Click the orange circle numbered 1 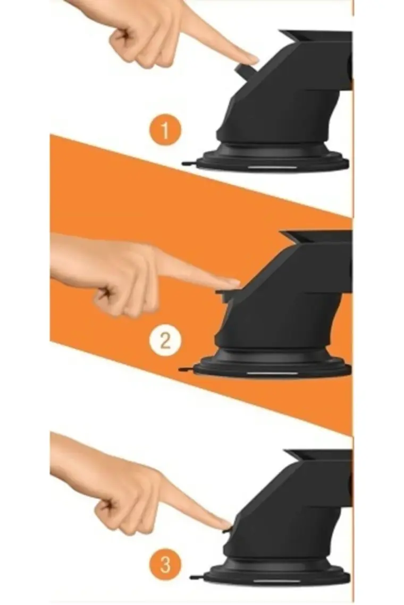(165, 131)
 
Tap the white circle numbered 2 (165, 341)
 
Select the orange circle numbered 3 (165, 566)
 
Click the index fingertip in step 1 (250, 59)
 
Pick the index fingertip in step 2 (231, 282)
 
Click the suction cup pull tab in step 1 (189, 163)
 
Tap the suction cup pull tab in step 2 (186, 369)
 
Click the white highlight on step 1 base (272, 168)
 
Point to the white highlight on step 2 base (272, 373)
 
